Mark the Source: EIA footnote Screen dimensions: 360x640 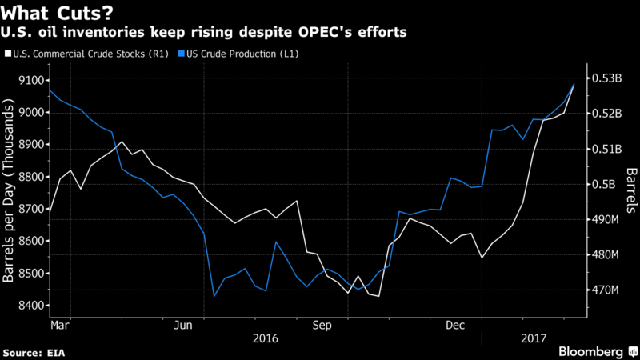[35, 352]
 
